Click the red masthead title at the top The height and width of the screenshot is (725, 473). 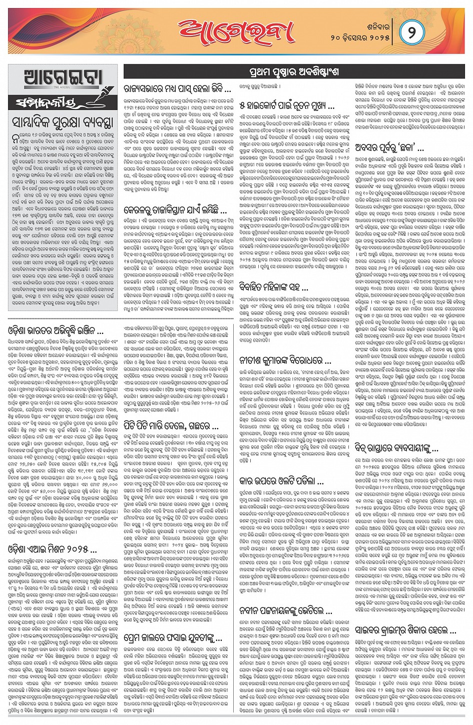236,31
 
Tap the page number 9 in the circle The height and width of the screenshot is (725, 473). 412,31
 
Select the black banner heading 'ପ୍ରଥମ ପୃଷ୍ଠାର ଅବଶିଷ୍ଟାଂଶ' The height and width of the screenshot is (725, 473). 293,72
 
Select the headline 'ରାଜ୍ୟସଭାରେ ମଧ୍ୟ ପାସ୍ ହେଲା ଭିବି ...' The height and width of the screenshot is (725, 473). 177,89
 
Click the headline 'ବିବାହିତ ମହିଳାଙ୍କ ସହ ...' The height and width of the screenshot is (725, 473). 281,286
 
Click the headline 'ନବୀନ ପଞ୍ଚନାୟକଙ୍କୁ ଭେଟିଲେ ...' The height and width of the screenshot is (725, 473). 286,611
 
